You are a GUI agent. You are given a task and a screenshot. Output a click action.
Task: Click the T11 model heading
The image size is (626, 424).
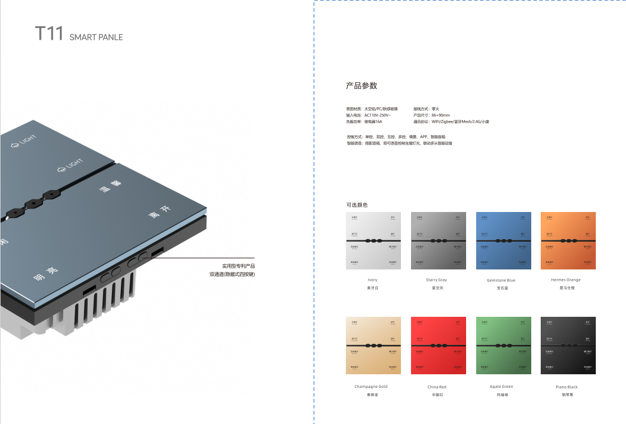[x=49, y=34]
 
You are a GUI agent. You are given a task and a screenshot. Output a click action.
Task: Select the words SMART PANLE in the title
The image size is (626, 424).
[x=96, y=37]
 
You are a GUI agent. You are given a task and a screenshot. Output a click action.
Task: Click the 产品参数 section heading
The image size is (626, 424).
[x=361, y=86]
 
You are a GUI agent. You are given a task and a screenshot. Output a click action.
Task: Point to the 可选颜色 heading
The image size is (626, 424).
[x=357, y=205]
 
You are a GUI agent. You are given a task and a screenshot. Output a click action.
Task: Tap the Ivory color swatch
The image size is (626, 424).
[x=373, y=240]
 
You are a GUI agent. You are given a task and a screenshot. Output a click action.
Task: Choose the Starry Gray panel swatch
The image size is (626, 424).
[x=438, y=240]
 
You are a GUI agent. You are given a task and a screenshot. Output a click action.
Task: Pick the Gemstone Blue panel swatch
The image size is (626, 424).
[x=503, y=240]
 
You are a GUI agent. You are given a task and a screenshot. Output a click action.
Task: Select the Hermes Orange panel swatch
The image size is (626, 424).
[x=568, y=240]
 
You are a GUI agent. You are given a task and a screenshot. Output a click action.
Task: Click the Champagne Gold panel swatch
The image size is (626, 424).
[x=373, y=345]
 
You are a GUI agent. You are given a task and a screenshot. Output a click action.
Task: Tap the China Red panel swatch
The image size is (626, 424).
[x=438, y=345]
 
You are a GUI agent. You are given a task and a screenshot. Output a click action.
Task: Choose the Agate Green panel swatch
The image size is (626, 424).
[x=503, y=345]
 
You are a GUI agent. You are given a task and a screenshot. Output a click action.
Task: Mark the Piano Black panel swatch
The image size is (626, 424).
[x=568, y=345]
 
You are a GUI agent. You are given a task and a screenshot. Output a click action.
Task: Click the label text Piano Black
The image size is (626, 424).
[x=567, y=387]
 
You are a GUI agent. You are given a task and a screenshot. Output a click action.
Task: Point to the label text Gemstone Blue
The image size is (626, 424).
[x=501, y=280]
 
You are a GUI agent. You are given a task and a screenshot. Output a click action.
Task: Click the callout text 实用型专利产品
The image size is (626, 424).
[x=238, y=266]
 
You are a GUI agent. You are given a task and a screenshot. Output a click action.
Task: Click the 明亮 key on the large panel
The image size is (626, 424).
[x=46, y=274]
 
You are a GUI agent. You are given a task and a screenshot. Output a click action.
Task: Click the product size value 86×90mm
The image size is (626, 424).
[x=440, y=115]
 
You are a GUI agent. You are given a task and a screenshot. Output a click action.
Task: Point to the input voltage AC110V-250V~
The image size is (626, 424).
[x=377, y=115]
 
